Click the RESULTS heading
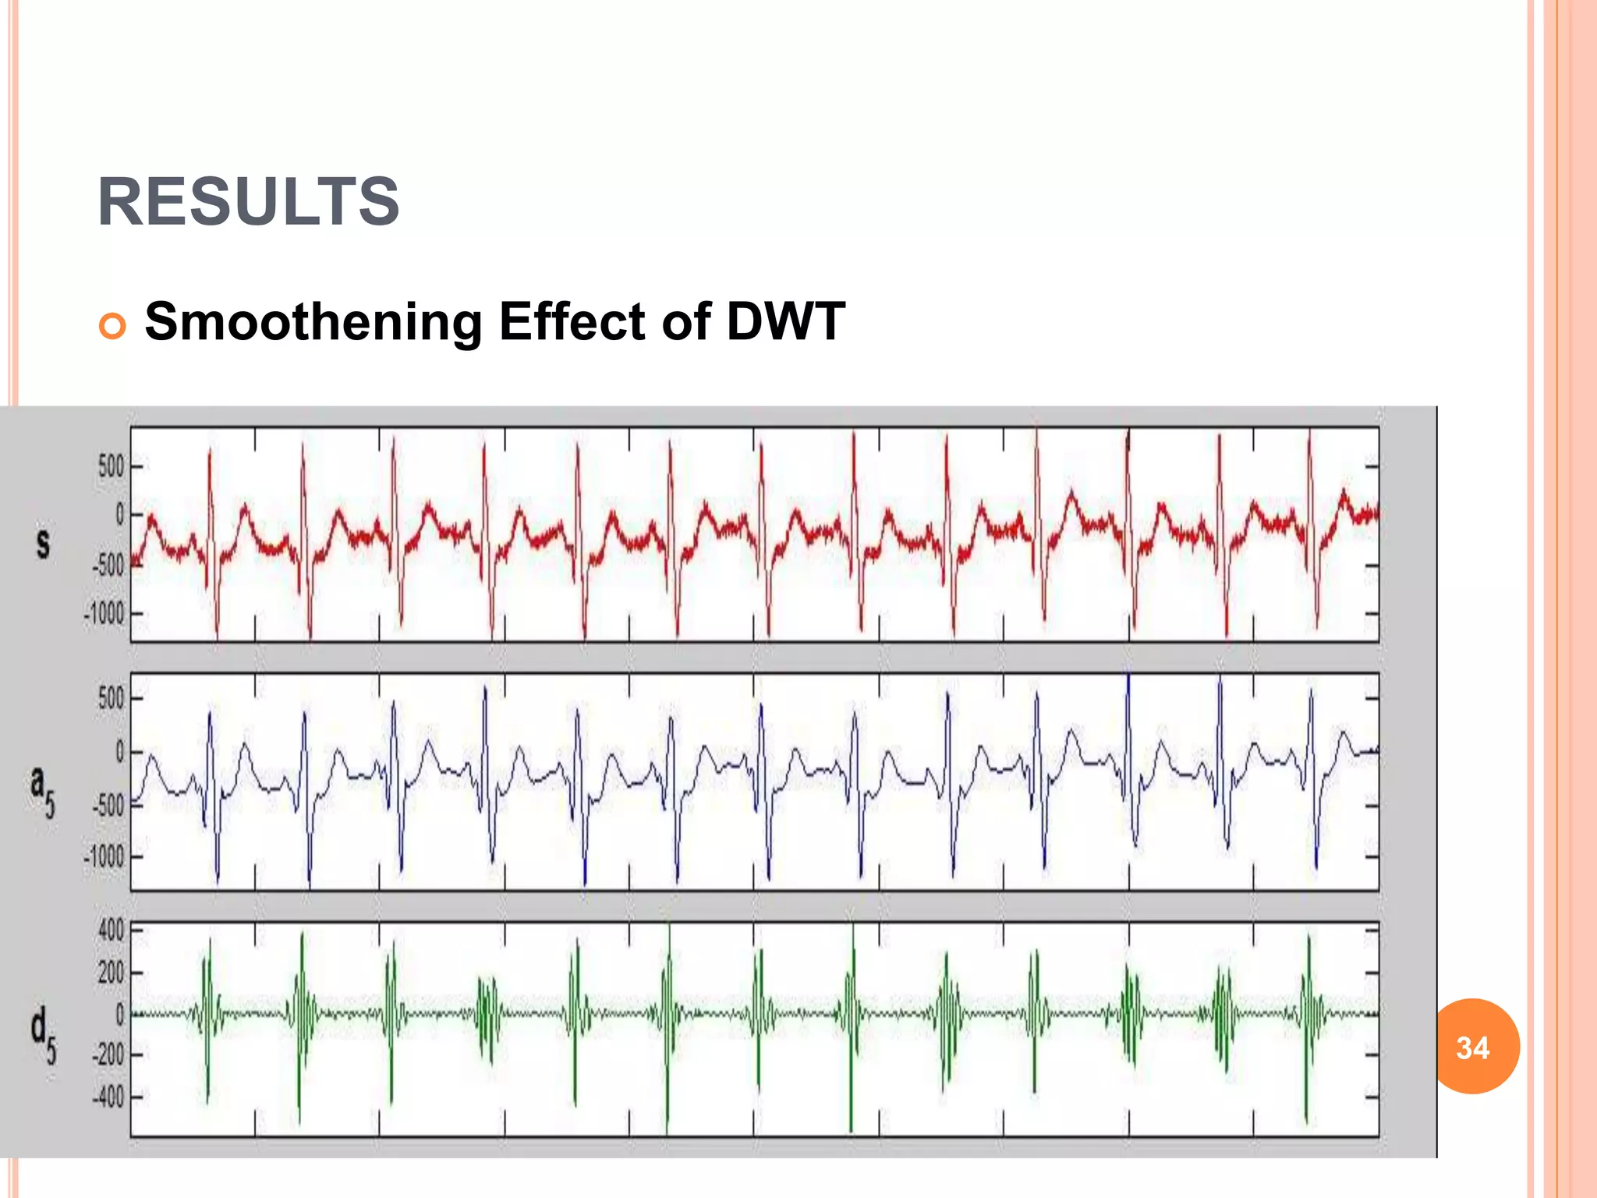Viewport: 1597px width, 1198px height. [x=248, y=201]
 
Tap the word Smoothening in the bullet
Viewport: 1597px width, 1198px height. [x=313, y=321]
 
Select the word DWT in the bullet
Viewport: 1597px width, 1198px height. [x=785, y=321]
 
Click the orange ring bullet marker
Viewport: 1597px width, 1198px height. [x=112, y=326]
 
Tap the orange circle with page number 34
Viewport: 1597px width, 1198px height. [x=1472, y=1047]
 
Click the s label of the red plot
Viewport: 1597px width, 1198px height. [x=43, y=544]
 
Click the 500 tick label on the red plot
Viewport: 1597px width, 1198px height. [x=111, y=466]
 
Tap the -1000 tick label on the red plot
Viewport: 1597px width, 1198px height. [x=104, y=614]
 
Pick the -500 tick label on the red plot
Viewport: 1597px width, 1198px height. [x=108, y=565]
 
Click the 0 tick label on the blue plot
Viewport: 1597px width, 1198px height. [x=119, y=752]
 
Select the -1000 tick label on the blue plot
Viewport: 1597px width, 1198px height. [x=104, y=857]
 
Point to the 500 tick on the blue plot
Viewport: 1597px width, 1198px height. [x=111, y=698]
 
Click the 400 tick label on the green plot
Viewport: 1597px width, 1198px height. [x=111, y=930]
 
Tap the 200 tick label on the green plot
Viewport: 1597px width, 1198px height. [x=111, y=973]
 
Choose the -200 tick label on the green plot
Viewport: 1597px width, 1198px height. [x=108, y=1054]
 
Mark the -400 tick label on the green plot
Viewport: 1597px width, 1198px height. [x=108, y=1097]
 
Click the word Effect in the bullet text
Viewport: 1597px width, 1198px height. [x=572, y=321]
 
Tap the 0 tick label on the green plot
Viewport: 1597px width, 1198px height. [x=119, y=1014]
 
